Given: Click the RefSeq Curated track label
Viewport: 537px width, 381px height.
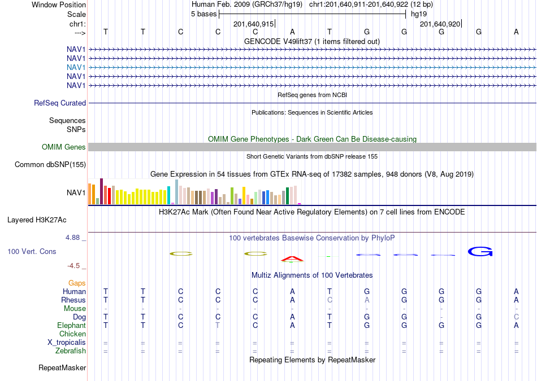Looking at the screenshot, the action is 60,103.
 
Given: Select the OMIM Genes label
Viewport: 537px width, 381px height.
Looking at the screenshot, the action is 64,147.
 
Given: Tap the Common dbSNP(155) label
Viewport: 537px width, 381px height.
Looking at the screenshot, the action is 50,164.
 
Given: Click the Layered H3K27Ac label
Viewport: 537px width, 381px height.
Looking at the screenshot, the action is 37,220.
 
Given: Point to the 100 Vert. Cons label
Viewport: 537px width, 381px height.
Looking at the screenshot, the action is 32,251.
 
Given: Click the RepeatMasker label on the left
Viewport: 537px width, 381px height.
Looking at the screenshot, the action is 62,367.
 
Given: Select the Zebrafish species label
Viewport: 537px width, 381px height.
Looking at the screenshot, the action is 71,351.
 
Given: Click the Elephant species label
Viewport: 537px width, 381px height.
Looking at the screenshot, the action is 72,325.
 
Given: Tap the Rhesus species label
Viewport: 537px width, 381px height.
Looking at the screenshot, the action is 73,300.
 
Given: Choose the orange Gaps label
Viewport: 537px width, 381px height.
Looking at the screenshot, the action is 77,283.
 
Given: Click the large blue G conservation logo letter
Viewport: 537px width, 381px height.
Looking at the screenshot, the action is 480,251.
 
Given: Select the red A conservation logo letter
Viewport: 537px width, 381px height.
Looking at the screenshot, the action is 292,259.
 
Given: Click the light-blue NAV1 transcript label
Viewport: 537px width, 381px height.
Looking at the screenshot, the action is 76,67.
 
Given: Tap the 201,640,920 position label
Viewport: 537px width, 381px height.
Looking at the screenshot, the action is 440,24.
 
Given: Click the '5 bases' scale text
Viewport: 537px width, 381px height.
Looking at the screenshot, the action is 203,14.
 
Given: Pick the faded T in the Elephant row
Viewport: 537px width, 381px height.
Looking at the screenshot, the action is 218,325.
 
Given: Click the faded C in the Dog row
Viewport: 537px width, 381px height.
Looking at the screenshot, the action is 516,317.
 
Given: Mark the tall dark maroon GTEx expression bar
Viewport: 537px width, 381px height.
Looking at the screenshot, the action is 101,191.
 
